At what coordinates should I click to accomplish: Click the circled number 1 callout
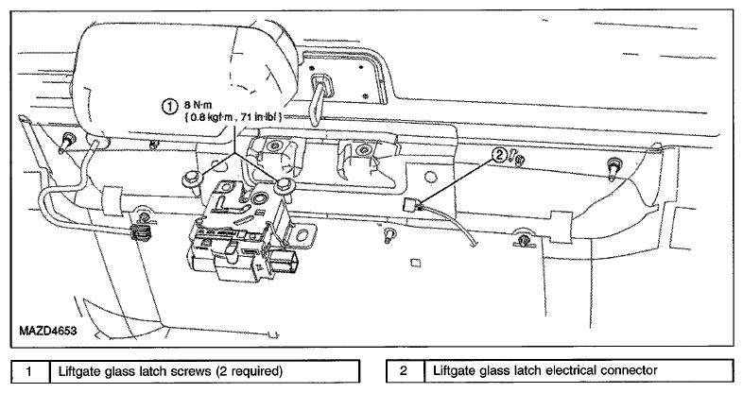(169, 107)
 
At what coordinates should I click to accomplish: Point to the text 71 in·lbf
(260, 117)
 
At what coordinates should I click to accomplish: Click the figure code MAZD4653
(48, 330)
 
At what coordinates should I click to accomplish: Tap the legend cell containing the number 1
(30, 370)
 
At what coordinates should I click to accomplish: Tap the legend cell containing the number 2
(405, 370)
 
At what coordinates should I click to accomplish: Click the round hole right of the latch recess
(430, 178)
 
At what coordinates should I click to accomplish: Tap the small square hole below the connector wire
(415, 263)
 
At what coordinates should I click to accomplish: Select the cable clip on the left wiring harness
(139, 233)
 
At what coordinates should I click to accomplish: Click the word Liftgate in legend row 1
(78, 370)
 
